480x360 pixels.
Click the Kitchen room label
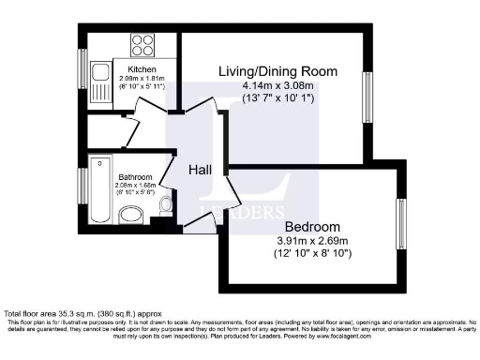(128, 67)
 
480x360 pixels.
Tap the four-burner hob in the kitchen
(143, 45)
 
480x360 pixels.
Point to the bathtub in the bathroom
(100, 193)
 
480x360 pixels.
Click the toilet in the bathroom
(166, 204)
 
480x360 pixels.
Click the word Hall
(200, 170)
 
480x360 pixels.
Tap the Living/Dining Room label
(277, 71)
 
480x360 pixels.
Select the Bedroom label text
(312, 227)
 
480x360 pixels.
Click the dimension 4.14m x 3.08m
(277, 85)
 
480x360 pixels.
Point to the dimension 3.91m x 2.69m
(312, 241)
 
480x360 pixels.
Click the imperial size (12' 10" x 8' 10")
(312, 254)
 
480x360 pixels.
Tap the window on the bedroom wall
(400, 221)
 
